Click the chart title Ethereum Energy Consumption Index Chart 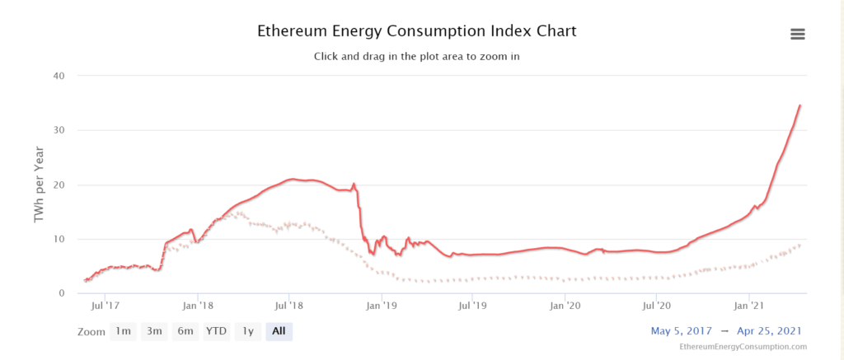click(x=416, y=31)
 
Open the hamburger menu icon click(x=797, y=34)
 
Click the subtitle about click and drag click(x=416, y=57)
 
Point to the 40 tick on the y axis click(x=59, y=76)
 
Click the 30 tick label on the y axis click(x=59, y=130)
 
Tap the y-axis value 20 click(x=59, y=185)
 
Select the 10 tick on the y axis click(x=59, y=239)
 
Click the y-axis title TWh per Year click(x=38, y=185)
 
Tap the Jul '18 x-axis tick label click(x=289, y=306)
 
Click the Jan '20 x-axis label click(x=565, y=306)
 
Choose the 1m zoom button click(x=123, y=331)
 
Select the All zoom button click(x=279, y=331)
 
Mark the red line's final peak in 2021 click(x=800, y=105)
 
